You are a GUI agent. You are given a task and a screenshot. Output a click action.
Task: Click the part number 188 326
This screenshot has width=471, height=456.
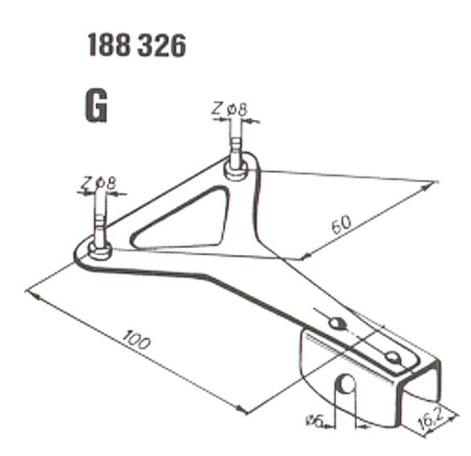point(137,46)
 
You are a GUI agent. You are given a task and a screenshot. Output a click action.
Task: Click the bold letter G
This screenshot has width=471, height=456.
point(96,106)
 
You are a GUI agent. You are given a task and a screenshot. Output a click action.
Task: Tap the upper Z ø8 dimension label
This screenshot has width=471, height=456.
point(229,109)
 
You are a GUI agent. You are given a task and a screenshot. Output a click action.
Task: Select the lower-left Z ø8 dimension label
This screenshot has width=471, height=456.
point(97,184)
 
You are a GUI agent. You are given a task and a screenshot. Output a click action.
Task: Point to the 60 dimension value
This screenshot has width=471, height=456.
point(341,224)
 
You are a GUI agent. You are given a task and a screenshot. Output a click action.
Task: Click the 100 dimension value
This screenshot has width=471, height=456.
point(136,339)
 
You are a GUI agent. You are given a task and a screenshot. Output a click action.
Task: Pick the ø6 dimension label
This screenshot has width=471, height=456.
point(315,420)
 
